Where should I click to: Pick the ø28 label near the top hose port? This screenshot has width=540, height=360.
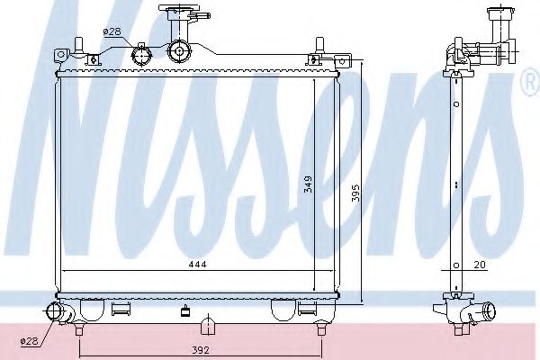point(112,31)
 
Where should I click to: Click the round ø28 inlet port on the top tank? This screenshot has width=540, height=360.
point(141,55)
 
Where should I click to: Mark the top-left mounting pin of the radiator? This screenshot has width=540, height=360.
point(78,43)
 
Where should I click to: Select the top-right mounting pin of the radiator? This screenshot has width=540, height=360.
point(319,43)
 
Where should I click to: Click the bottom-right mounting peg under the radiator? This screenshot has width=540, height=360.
point(319,329)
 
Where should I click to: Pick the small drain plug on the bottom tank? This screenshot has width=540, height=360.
point(186,313)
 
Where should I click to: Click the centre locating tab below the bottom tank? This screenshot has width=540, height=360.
point(206,325)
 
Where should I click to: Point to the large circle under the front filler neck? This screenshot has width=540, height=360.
point(178,52)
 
